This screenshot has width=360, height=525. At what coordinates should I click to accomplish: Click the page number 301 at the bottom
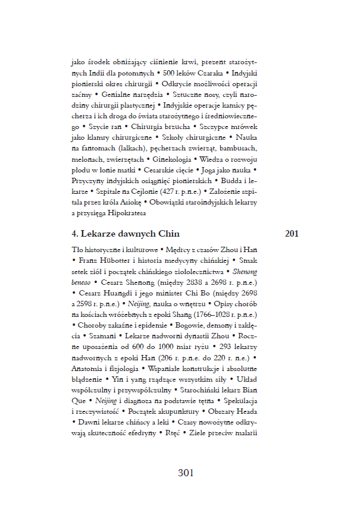(x=186, y=473)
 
